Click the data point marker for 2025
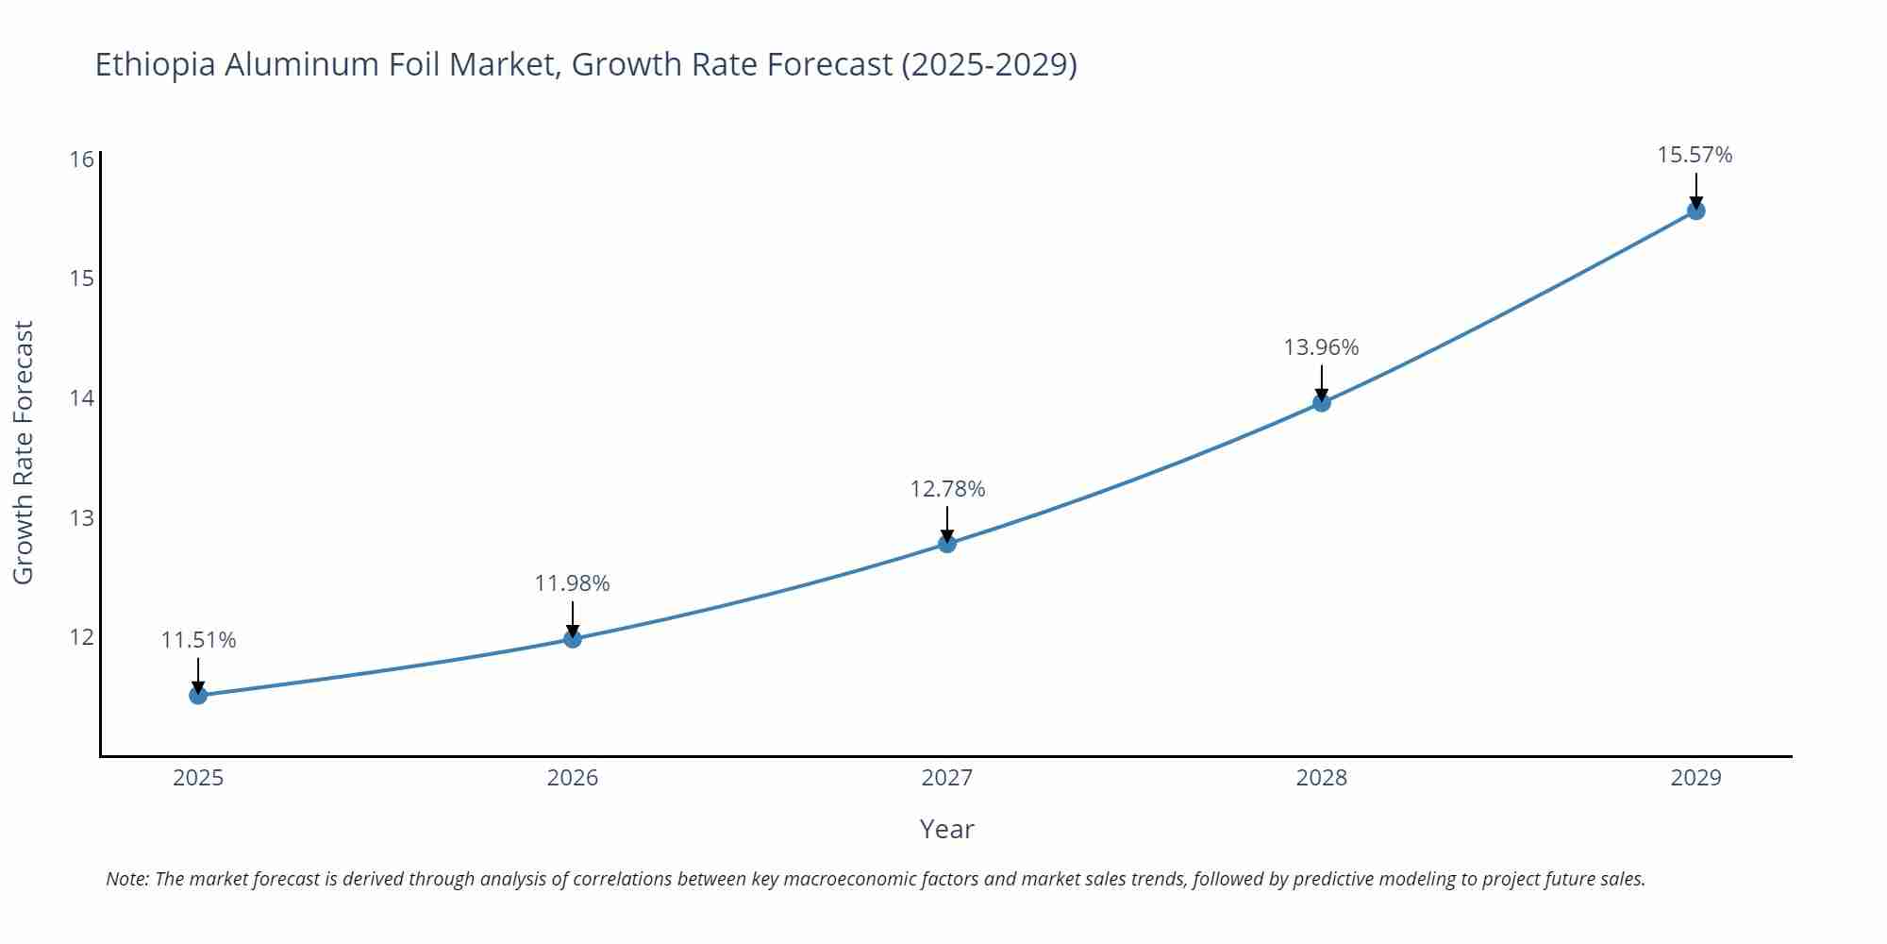[198, 696]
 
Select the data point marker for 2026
[573, 639]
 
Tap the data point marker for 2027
[947, 544]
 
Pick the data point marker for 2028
[1322, 403]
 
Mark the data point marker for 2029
[1695, 211]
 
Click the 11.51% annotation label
[198, 640]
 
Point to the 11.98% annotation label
[572, 583]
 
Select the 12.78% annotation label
[947, 489]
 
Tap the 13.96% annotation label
[1321, 347]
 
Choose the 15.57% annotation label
[1695, 155]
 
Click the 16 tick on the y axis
[82, 159]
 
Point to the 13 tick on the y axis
[82, 517]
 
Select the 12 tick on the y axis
[82, 637]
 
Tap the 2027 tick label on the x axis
[946, 778]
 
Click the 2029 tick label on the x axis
[1695, 778]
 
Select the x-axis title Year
[946, 829]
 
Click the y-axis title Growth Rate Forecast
[24, 452]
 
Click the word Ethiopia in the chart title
[155, 64]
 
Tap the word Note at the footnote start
[126, 879]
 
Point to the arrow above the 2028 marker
[1322, 382]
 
